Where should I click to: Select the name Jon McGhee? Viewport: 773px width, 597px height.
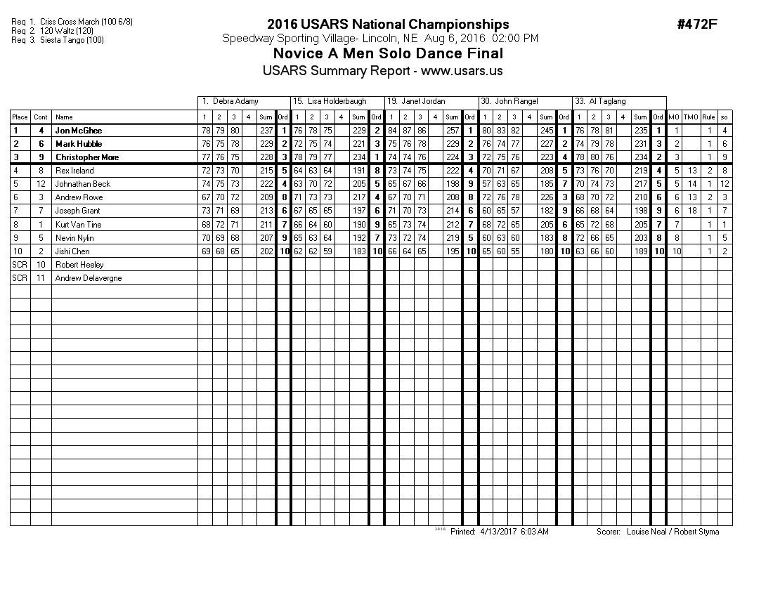[x=78, y=131]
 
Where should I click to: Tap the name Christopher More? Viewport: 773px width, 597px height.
[x=87, y=157]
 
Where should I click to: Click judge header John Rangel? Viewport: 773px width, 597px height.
[x=516, y=102]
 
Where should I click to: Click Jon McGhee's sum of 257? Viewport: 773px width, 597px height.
[x=452, y=131]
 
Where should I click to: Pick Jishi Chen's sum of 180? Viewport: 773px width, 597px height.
[x=546, y=251]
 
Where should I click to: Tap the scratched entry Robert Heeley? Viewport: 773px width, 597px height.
[x=79, y=265]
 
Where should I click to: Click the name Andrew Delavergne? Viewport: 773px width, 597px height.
[x=89, y=278]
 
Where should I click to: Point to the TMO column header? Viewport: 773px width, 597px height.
[x=691, y=117]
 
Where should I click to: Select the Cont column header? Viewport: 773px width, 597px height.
[x=41, y=117]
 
